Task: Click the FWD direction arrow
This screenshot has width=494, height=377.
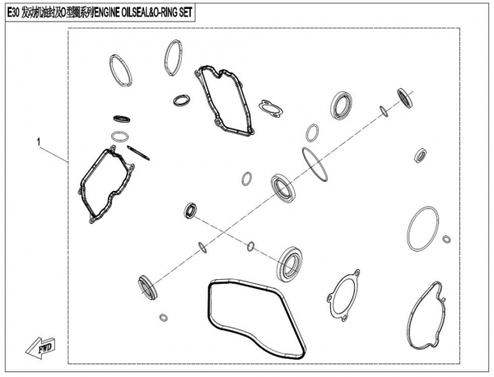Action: (x=40, y=347)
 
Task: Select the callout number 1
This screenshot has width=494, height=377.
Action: (x=39, y=142)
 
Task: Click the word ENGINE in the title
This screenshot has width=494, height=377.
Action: (x=107, y=12)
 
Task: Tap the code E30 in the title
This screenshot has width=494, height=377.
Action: (x=13, y=12)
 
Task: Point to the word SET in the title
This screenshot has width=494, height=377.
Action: (x=186, y=12)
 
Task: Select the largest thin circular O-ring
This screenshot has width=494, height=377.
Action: (x=409, y=229)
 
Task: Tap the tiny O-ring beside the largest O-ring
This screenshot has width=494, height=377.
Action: (x=446, y=239)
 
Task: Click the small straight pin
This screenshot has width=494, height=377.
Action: (x=138, y=153)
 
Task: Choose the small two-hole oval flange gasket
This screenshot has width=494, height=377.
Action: (x=271, y=109)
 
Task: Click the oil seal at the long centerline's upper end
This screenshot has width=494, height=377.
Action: (x=405, y=99)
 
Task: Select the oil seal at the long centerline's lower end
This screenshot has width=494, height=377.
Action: (x=147, y=288)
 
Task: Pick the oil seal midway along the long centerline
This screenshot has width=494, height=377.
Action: (x=283, y=188)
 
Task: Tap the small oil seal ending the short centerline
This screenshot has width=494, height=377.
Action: (x=190, y=211)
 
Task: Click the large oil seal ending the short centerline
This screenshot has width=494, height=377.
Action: (x=290, y=264)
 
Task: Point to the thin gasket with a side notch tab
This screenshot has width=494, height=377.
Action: (x=409, y=315)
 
